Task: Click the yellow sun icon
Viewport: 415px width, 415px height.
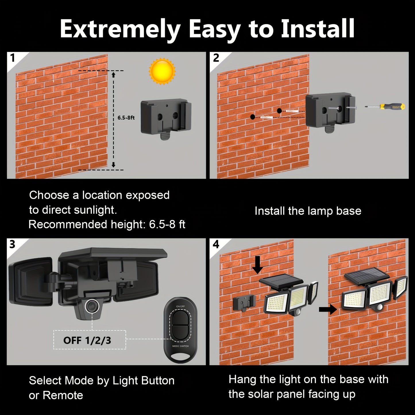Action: pos(162,71)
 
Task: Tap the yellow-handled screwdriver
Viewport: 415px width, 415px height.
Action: pos(385,107)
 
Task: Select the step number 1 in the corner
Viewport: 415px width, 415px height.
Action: pos(12,58)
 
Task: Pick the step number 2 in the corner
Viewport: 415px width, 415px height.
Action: pos(216,58)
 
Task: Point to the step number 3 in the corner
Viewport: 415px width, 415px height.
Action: pos(12,244)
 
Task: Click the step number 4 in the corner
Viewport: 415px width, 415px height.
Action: pos(216,244)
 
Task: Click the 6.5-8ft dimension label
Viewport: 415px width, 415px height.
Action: pos(126,117)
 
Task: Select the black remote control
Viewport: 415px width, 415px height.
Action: pos(180,330)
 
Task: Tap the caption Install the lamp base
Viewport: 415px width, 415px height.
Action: pos(308,211)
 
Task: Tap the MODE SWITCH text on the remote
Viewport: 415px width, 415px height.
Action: pos(180,346)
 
